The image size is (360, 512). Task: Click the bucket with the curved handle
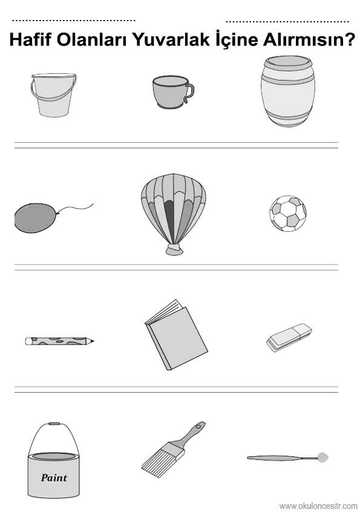click(x=54, y=95)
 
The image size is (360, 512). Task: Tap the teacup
click(x=172, y=93)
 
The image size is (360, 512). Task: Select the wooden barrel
click(x=287, y=91)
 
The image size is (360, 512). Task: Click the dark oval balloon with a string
click(x=35, y=218)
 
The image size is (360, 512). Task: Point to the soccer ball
click(x=288, y=214)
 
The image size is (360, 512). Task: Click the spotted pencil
click(x=59, y=341)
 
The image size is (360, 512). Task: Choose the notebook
click(x=176, y=335)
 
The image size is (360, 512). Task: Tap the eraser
click(x=289, y=337)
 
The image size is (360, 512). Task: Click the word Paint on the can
click(x=54, y=478)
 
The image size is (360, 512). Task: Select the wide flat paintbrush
click(x=173, y=450)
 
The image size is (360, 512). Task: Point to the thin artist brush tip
click(x=323, y=458)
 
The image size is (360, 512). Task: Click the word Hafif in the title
click(x=31, y=39)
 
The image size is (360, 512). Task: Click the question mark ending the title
click(x=349, y=39)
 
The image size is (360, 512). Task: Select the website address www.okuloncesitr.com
click(x=318, y=506)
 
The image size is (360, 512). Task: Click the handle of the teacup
click(x=189, y=93)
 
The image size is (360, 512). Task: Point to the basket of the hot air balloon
click(x=174, y=250)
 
